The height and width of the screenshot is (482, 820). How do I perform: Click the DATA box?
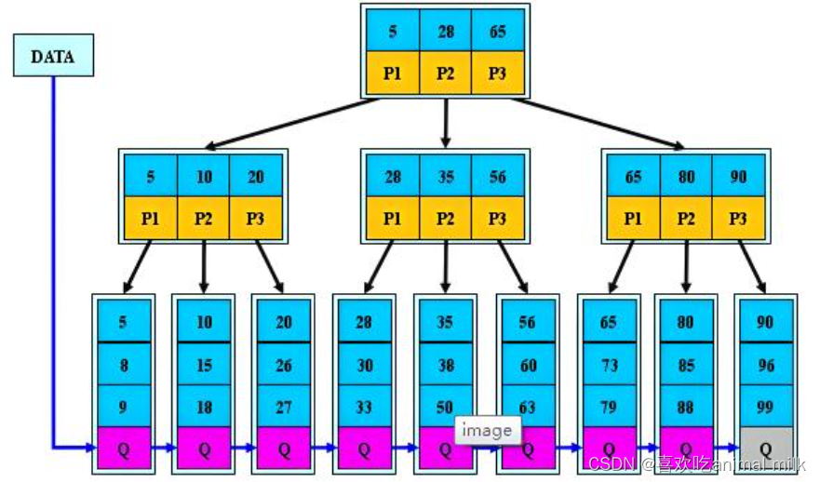[x=52, y=56]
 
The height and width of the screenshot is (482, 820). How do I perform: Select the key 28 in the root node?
[x=446, y=32]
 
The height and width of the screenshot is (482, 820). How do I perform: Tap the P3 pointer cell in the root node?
[x=498, y=74]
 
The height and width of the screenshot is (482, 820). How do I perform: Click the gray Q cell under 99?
[x=765, y=449]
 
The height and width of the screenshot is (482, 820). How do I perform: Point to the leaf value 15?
[x=204, y=366]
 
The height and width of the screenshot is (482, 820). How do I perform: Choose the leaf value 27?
[x=284, y=406]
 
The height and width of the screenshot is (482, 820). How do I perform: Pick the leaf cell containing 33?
[x=364, y=406]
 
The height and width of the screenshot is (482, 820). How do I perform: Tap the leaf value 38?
[x=446, y=366]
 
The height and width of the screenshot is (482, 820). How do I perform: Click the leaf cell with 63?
[x=528, y=406]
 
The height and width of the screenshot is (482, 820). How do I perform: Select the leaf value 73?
[x=609, y=366]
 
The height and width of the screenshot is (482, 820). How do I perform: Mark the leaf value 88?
[x=686, y=406]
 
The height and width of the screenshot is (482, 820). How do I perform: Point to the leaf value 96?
[x=765, y=366]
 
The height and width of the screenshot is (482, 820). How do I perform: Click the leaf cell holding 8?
[x=123, y=366]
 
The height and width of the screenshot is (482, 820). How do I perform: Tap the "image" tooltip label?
[x=488, y=431]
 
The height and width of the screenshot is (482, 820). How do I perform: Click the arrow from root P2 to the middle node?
[x=446, y=121]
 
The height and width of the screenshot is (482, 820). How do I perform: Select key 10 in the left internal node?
[x=204, y=177]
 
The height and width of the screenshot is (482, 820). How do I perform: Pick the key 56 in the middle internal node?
[x=498, y=177]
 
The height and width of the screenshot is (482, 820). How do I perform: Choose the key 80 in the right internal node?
[x=686, y=177]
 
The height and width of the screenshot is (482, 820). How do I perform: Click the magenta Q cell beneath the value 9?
[x=123, y=449]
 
